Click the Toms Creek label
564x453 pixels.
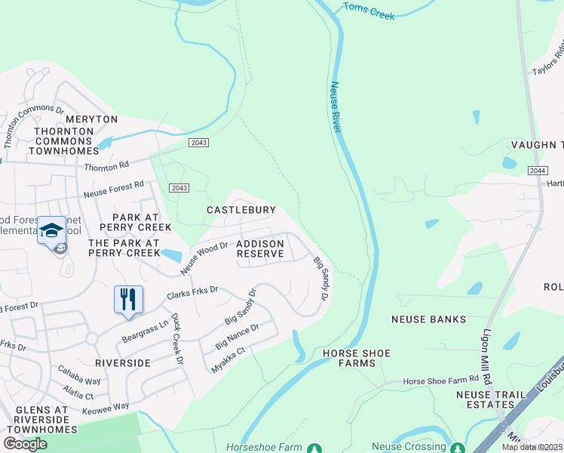369,11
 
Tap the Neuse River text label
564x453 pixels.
336,108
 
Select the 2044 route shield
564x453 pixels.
537,171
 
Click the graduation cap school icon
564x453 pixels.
51,231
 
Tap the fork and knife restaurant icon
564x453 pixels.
127,299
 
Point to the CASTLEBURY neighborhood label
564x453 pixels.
241,209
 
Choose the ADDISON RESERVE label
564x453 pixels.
260,248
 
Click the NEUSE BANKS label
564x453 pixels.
428,319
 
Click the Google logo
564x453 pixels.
26,444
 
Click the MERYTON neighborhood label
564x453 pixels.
91,119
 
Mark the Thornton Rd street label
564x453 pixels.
107,166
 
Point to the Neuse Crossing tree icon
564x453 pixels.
456,448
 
